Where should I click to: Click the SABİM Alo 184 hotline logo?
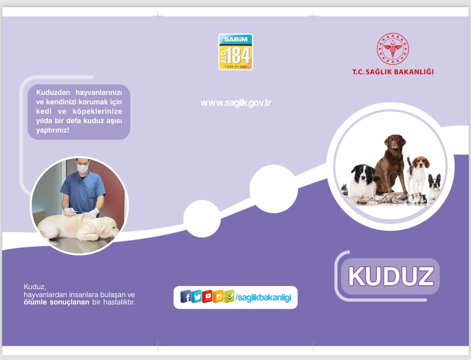tap(235, 52)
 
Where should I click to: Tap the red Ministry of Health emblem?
tap(392, 49)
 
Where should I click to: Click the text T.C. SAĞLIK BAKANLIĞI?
tap(392, 72)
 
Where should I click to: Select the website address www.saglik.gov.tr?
tap(235, 103)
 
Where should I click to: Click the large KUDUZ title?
tap(391, 276)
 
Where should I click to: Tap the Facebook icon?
tap(186, 296)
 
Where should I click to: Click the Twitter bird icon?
tap(196, 296)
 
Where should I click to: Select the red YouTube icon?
tap(207, 296)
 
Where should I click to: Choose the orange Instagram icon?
tap(218, 296)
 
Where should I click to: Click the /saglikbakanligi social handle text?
tap(263, 298)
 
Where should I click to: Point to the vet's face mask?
tap(83, 169)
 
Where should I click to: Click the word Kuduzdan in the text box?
tap(53, 92)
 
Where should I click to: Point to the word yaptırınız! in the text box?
tap(53, 130)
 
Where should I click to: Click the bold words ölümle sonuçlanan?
tap(57, 302)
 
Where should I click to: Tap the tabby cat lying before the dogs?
tap(391, 198)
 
